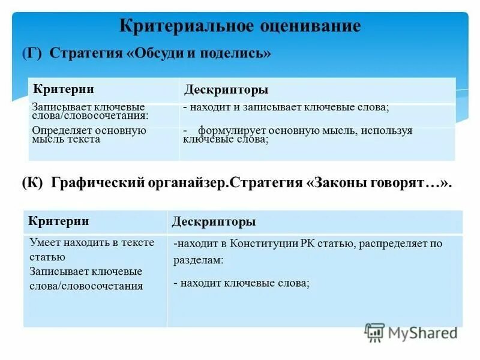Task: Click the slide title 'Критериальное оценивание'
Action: (240, 26)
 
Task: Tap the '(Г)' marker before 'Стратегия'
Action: (31, 53)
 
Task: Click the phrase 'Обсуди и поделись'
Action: (198, 53)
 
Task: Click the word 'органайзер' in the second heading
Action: (186, 182)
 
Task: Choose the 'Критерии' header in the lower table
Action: (59, 221)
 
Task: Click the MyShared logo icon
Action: (375, 332)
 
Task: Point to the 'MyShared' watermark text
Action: (423, 332)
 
